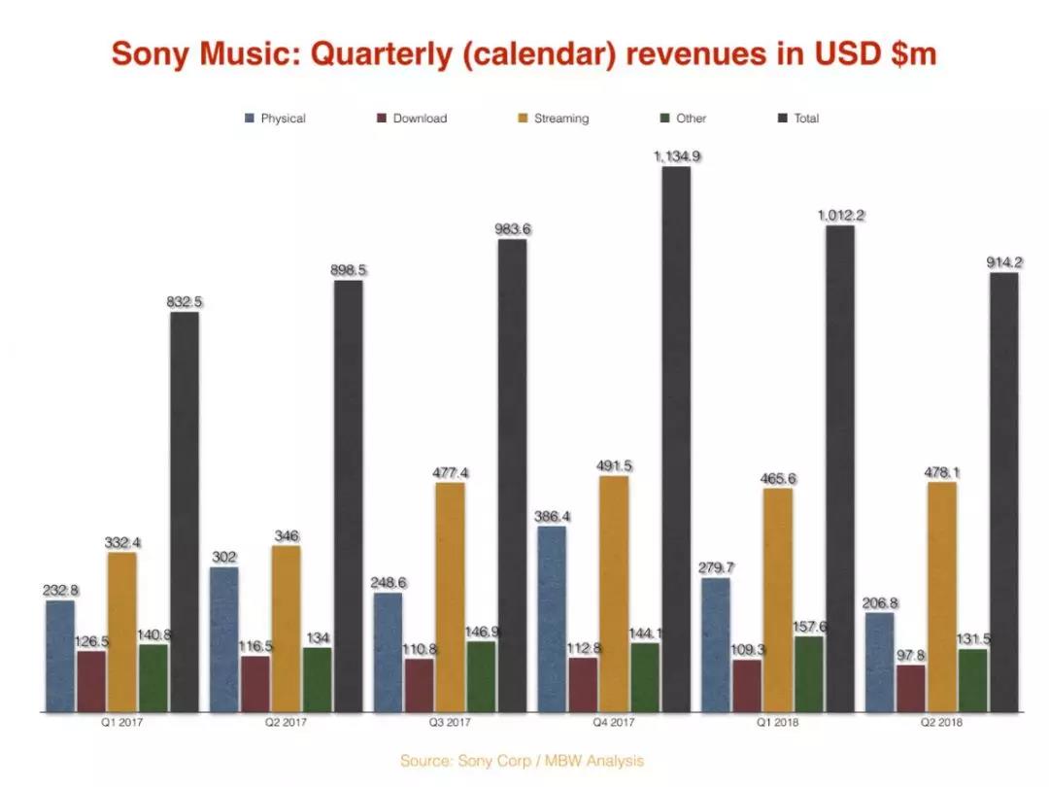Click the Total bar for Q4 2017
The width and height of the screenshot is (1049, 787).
point(676,437)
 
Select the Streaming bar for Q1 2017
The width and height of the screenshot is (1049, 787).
point(122,632)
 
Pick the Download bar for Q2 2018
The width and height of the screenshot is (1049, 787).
point(911,689)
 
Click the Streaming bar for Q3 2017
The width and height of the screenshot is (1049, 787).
point(450,597)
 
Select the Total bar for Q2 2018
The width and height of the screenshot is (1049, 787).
point(1004,491)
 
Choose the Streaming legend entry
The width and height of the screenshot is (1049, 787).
point(553,119)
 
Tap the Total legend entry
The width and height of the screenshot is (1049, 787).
point(798,119)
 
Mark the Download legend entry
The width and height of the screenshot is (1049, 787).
point(412,119)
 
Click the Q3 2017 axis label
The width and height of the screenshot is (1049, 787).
point(450,723)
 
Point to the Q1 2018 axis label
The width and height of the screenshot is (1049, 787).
point(777,723)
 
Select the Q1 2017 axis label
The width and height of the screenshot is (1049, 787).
point(121,723)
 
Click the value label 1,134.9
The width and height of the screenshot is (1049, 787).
point(677,155)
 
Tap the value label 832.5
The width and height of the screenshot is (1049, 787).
point(185,302)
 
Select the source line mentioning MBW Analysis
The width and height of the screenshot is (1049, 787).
point(522,761)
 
